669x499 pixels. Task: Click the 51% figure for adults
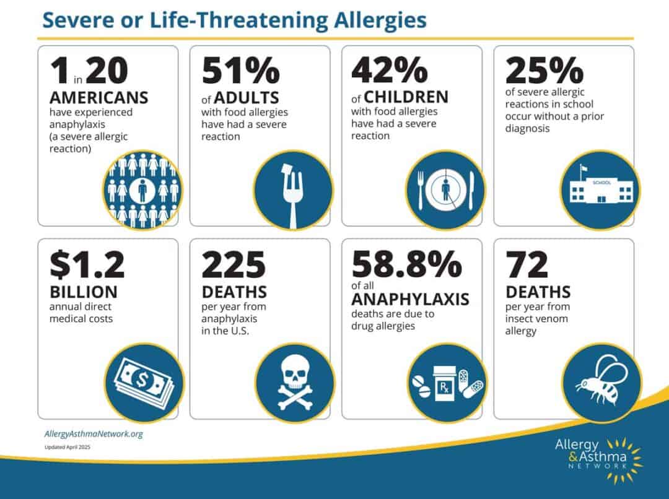[x=240, y=71]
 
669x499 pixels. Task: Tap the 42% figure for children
[x=390, y=71]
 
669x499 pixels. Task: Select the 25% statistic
[x=544, y=71]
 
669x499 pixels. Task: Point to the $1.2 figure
[x=87, y=264]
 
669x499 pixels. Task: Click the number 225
[x=234, y=264]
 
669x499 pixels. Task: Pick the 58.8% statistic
[x=406, y=264]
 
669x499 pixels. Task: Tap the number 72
[x=527, y=264]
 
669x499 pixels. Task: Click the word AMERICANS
[x=99, y=98]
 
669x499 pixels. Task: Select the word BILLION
[x=84, y=292]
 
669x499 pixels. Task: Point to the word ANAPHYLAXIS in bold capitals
[x=410, y=300]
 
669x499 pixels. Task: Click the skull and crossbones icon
[x=295, y=383]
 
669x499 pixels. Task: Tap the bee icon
[x=600, y=382]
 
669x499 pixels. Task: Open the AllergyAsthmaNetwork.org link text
[x=94, y=434]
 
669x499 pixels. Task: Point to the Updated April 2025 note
[x=68, y=447]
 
